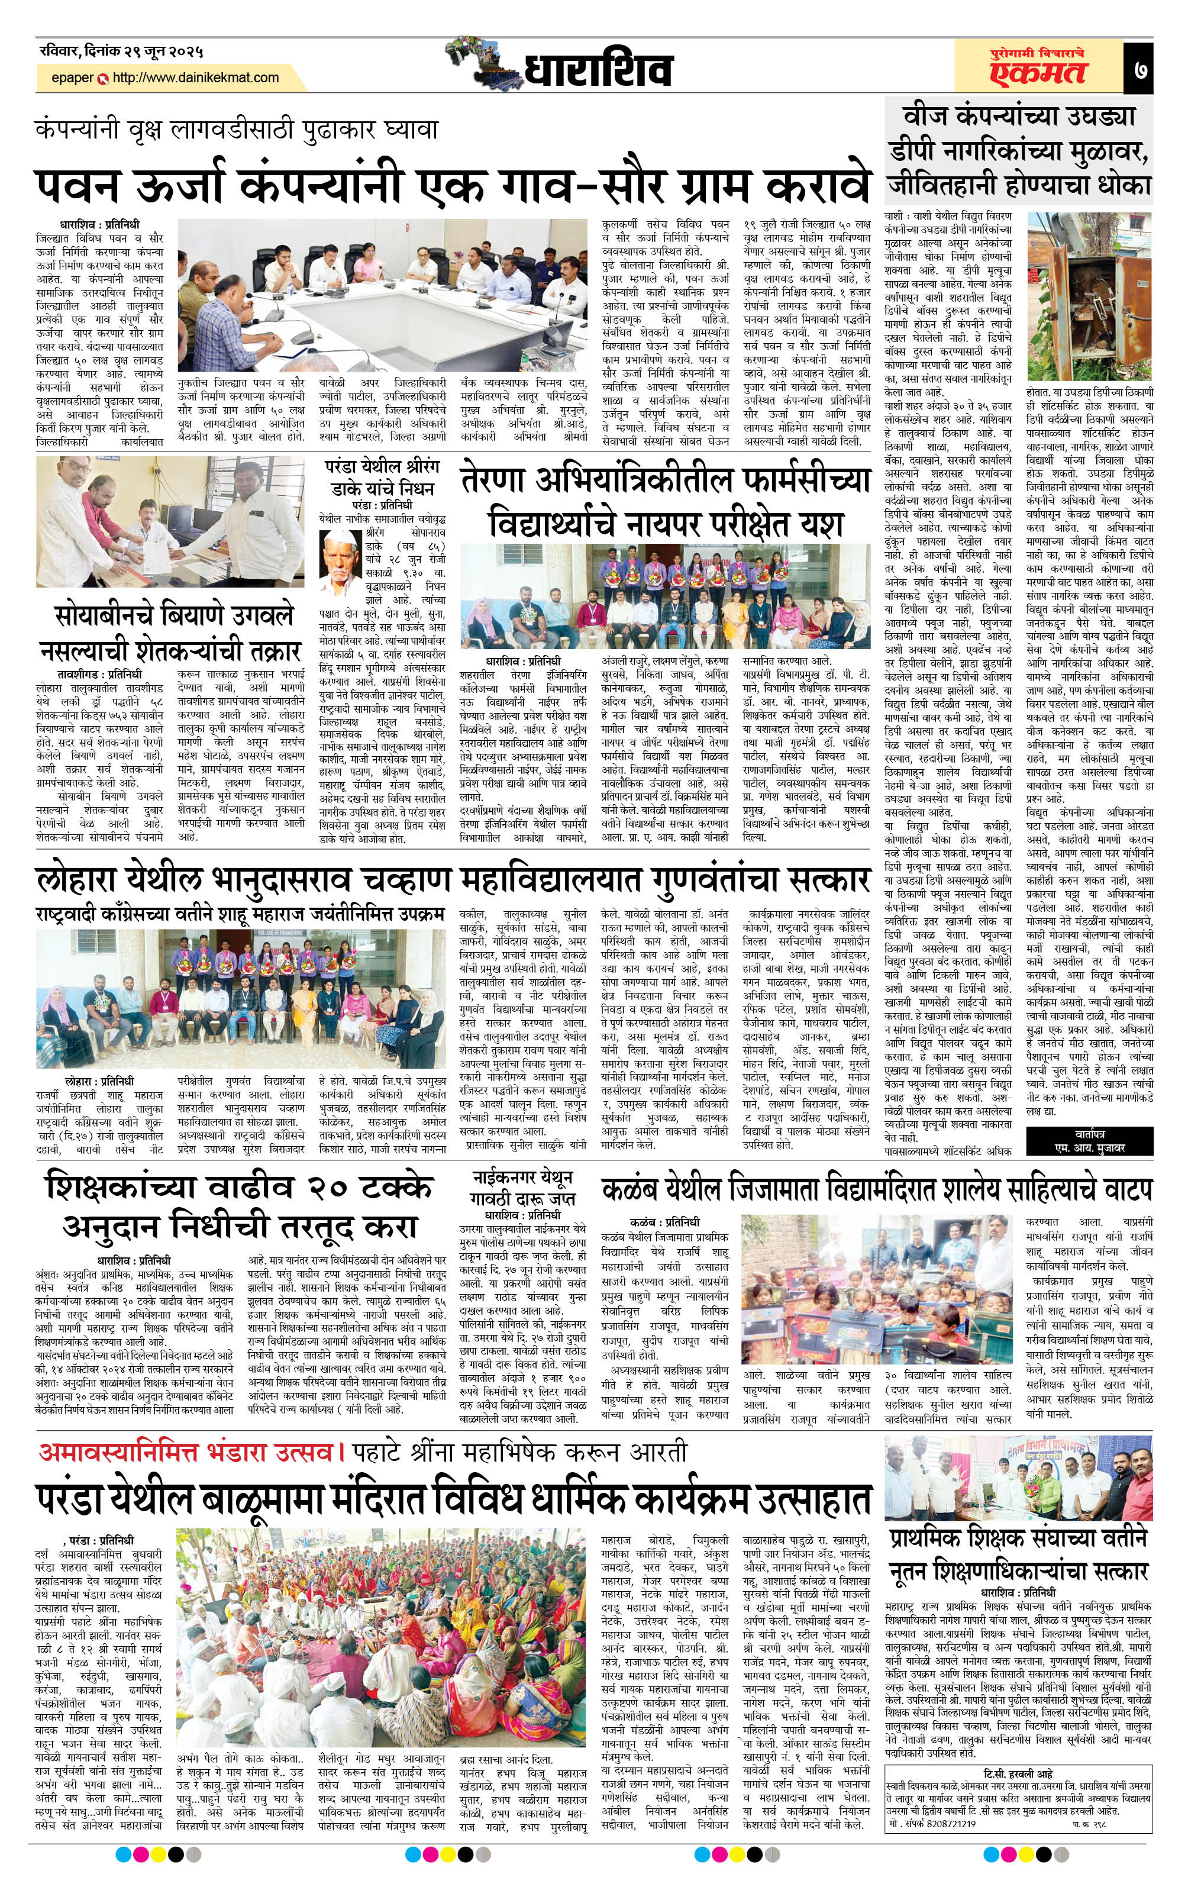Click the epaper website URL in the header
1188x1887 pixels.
point(195,78)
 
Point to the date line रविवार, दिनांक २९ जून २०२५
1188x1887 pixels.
point(121,53)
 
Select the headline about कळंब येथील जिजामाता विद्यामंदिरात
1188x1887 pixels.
point(876,1189)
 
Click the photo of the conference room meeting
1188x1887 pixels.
point(382,295)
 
